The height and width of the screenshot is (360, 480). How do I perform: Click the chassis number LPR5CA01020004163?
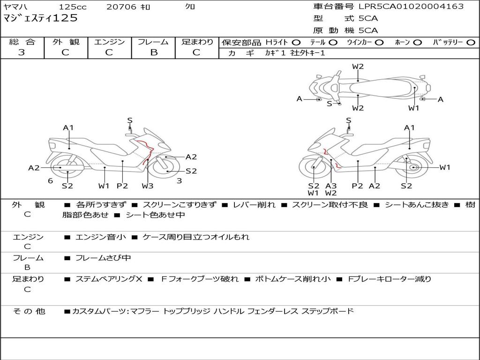[411, 7]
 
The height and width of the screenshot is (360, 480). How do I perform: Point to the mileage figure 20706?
[121, 7]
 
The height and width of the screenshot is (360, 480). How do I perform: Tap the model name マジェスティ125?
[40, 18]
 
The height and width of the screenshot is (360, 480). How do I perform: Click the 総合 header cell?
[22, 42]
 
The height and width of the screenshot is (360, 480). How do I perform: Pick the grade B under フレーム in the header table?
[154, 52]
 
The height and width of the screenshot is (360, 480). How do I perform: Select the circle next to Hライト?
[296, 42]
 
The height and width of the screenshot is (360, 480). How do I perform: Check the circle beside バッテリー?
[471, 42]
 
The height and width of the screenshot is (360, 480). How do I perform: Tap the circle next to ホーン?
[417, 42]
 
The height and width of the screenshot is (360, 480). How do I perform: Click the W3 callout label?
[148, 186]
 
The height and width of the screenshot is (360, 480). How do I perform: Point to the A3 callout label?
[331, 186]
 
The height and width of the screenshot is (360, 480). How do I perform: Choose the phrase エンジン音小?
[101, 237]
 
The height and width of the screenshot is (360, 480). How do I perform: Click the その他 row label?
[29, 311]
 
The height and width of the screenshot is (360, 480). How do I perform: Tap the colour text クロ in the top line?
[190, 7]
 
